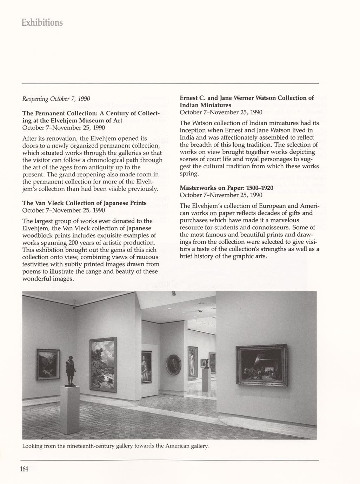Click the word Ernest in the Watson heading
click(x=190, y=98)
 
